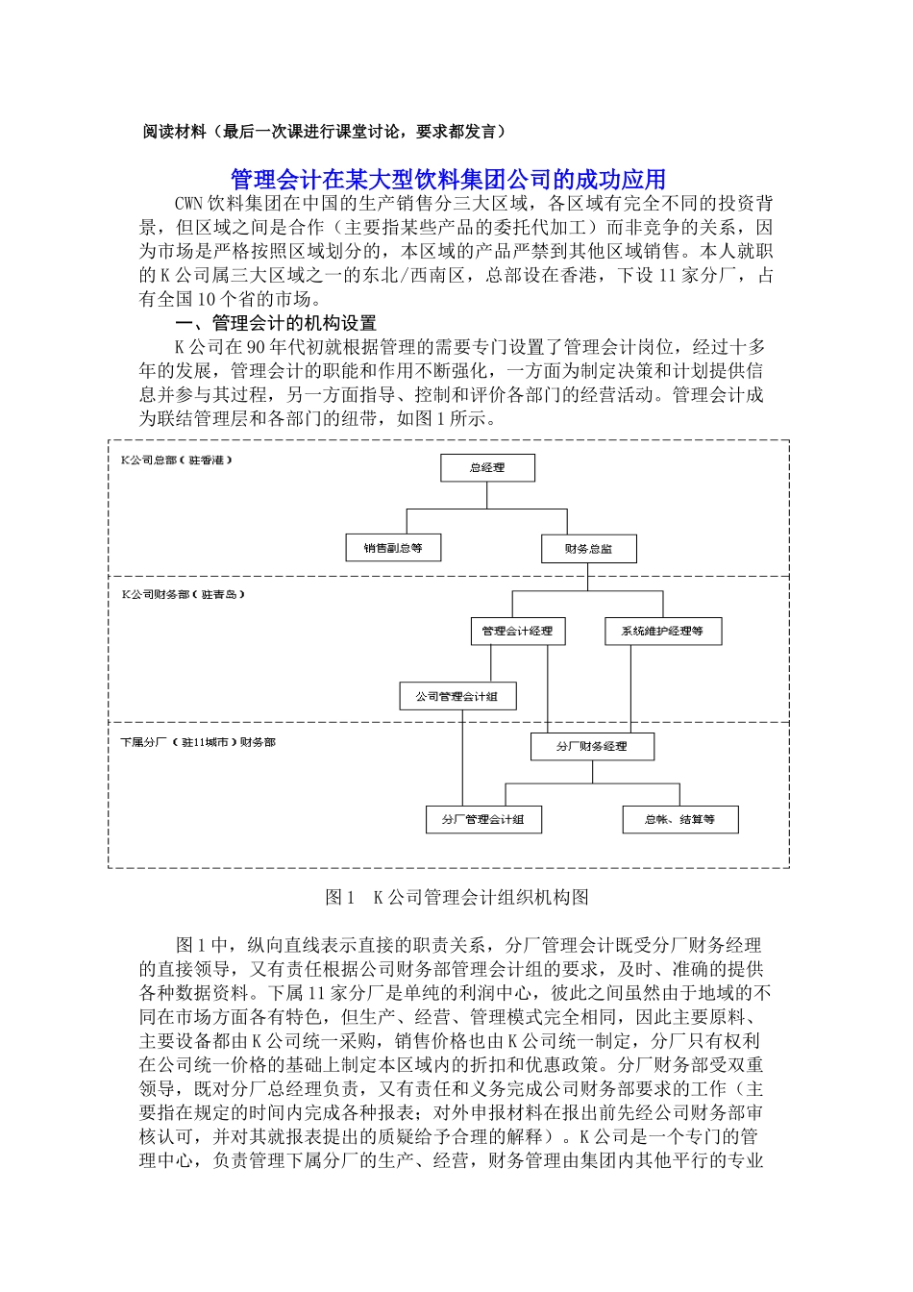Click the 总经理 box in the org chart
(487, 468)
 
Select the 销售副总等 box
(392, 548)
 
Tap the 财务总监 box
(588, 549)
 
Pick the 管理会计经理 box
(517, 632)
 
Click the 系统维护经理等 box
(662, 632)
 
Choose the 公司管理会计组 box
(456, 696)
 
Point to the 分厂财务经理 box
(592, 746)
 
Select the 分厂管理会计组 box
(482, 820)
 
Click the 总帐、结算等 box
(679, 820)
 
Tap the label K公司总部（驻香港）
(177, 460)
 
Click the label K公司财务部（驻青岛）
(183, 595)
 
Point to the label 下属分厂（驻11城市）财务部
(198, 742)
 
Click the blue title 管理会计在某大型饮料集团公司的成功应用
(448, 180)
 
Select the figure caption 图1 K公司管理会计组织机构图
(456, 897)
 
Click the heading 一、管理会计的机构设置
(276, 324)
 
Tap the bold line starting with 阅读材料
(324, 132)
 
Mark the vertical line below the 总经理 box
(487, 494)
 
